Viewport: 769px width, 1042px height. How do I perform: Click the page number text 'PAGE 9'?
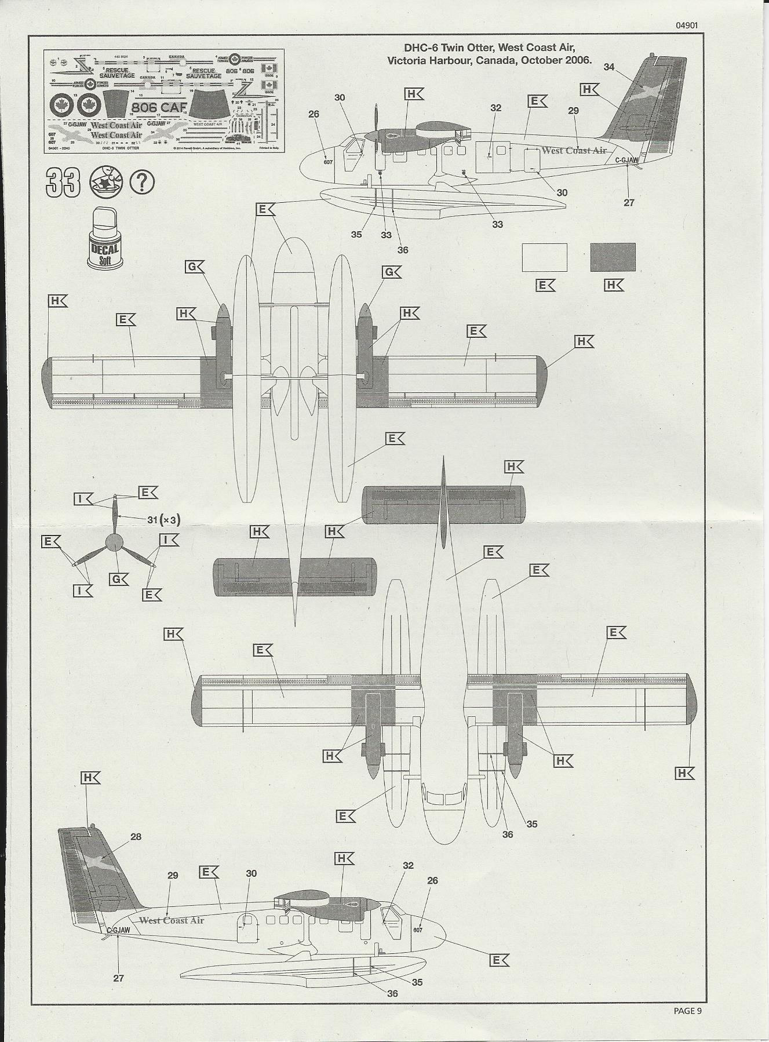point(687,1011)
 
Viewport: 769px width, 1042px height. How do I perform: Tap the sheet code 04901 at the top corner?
point(686,25)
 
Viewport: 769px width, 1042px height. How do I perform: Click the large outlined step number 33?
point(63,184)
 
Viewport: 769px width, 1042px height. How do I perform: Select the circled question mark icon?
point(143,183)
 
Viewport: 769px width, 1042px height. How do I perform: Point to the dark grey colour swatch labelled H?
point(613,257)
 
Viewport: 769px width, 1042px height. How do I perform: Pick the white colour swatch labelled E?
point(544,257)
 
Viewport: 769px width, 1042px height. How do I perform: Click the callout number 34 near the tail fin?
point(608,67)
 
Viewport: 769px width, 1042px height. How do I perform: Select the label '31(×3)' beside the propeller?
point(163,520)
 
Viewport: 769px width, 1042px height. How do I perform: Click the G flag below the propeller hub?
point(118,578)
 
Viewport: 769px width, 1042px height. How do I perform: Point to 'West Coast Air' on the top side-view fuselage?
point(574,151)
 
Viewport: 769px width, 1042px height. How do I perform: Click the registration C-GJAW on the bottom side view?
point(118,930)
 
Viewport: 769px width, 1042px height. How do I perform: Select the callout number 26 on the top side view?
point(314,114)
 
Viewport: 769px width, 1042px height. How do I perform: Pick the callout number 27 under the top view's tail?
point(629,202)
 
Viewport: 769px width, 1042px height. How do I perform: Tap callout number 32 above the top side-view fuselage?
point(495,108)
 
